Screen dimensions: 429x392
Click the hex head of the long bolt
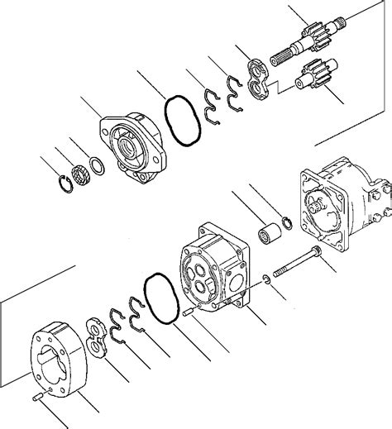[x=317, y=251]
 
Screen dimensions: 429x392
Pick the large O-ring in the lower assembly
[x=160, y=299]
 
